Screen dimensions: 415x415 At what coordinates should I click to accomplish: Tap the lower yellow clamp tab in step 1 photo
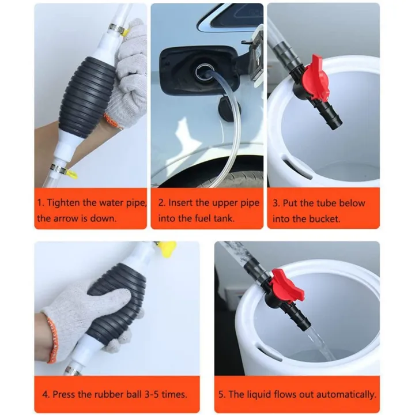(x=70, y=172)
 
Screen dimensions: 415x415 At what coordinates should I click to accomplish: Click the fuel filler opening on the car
(x=205, y=73)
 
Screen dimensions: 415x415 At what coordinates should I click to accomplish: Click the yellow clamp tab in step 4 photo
(x=167, y=248)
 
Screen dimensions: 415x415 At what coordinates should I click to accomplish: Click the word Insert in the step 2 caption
(x=184, y=203)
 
